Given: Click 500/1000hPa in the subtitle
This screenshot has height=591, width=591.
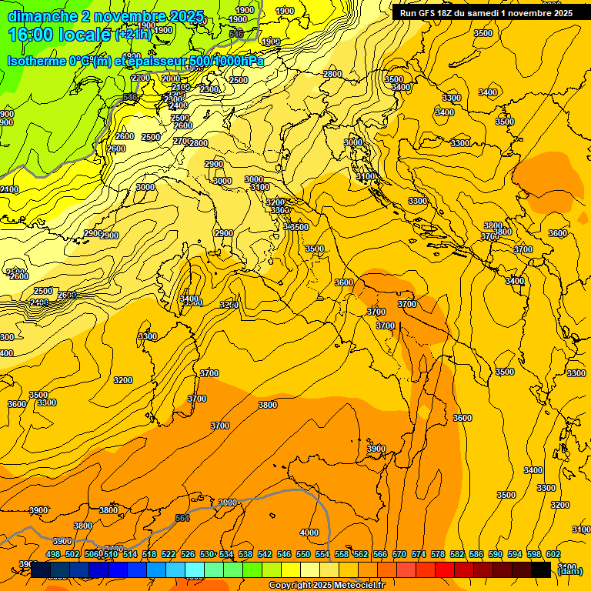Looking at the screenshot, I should tap(226, 62).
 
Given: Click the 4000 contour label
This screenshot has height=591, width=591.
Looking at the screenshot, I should tap(309, 533).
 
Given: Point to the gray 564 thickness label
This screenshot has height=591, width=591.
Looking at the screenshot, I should tap(182, 518).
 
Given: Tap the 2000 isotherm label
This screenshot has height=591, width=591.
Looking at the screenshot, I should tap(171, 78).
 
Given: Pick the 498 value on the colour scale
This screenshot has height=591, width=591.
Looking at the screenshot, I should tap(53, 554).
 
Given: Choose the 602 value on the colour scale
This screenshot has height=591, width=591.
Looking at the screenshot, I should tap(553, 554).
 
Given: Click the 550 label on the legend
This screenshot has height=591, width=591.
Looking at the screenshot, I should tap(302, 554).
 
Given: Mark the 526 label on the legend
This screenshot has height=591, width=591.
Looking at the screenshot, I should tap(187, 554).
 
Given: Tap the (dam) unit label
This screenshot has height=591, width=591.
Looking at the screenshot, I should tap(570, 570).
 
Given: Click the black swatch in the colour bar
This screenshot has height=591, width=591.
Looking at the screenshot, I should tap(541, 569).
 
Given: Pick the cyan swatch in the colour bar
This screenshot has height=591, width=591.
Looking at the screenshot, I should tap(195, 569).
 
